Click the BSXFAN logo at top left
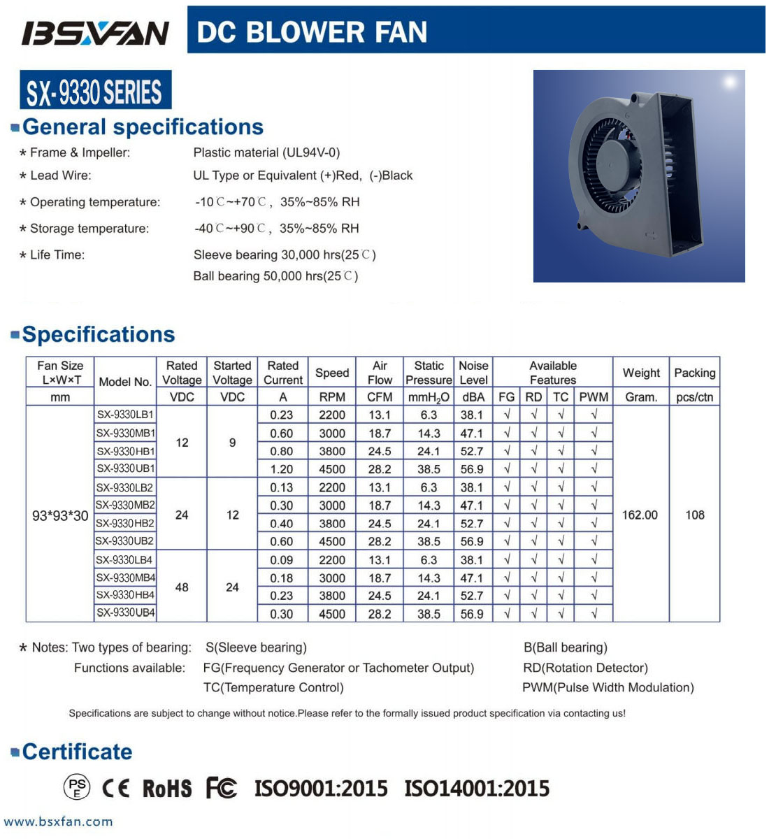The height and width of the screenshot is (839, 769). pyautogui.click(x=96, y=32)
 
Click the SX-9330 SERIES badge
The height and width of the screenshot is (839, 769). pyautogui.click(x=95, y=91)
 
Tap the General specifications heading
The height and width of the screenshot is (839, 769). pyautogui.click(x=143, y=127)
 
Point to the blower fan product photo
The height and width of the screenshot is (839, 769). pyautogui.click(x=638, y=175)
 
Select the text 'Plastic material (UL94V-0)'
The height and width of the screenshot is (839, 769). pyautogui.click(x=266, y=152)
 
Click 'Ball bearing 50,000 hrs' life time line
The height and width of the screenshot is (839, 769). pyautogui.click(x=275, y=276)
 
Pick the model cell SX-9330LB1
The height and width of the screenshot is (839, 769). pyautogui.click(x=125, y=415)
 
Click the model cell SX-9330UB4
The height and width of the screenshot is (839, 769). pyautogui.click(x=126, y=612)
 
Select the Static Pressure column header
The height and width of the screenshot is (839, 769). pyautogui.click(x=429, y=373)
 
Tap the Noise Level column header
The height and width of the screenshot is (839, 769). pyautogui.click(x=473, y=373)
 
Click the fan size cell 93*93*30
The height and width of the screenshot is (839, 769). pyautogui.click(x=60, y=516)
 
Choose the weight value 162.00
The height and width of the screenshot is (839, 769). pyautogui.click(x=640, y=515)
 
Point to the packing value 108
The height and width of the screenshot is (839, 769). pyautogui.click(x=694, y=515)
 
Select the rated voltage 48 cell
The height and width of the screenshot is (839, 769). pyautogui.click(x=182, y=587)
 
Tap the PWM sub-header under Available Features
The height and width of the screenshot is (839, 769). pyautogui.click(x=594, y=397)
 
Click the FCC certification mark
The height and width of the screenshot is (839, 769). pyautogui.click(x=221, y=788)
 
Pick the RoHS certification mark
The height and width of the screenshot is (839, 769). pyautogui.click(x=166, y=789)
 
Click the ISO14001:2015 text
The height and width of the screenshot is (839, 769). pyautogui.click(x=477, y=789)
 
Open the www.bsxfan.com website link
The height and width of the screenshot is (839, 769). pyautogui.click(x=58, y=822)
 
